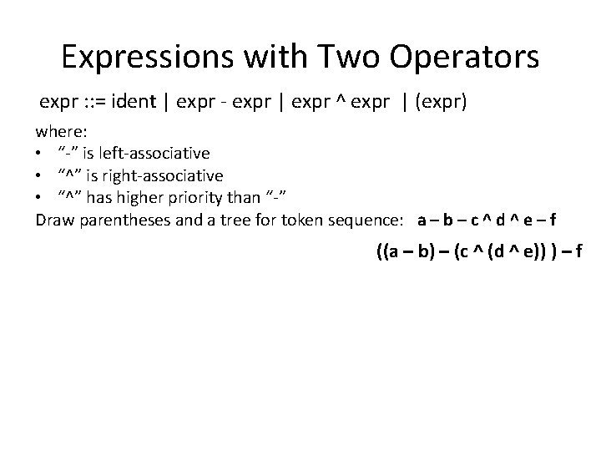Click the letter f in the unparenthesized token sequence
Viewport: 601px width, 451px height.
[x=553, y=220]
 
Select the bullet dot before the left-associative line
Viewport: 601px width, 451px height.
[x=38, y=155]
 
